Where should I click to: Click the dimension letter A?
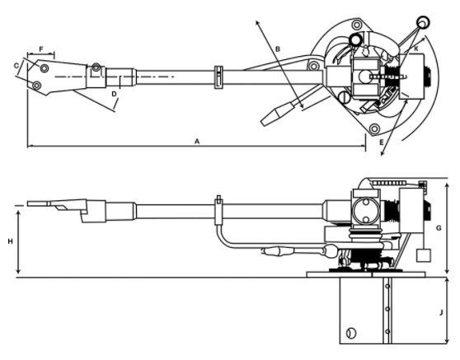197,142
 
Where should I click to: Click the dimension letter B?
278,49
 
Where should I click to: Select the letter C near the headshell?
16,66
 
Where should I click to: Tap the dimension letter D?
114,94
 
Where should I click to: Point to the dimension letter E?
382,143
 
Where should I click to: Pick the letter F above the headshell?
41,49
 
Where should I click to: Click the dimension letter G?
439,228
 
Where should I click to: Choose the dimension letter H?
10,241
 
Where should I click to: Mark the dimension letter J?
441,313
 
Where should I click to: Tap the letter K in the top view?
416,49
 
